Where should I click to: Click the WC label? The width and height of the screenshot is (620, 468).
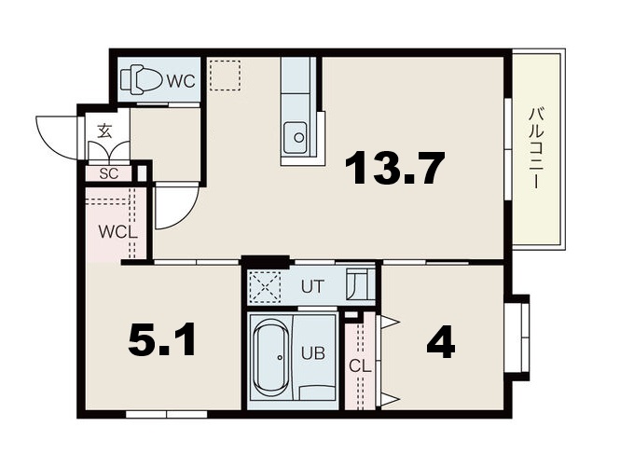pyautogui.click(x=181, y=81)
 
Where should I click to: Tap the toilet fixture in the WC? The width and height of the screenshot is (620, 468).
pyautogui.click(x=141, y=79)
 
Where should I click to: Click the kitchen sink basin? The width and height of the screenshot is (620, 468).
pyautogui.click(x=295, y=137)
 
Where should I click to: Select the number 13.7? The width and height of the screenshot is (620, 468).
pyautogui.click(x=395, y=167)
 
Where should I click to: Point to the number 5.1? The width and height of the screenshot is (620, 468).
pyautogui.click(x=161, y=339)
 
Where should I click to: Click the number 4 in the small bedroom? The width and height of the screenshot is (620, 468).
pyautogui.click(x=441, y=343)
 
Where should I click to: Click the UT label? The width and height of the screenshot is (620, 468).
pyautogui.click(x=312, y=286)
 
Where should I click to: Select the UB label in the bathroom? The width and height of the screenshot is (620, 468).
pyautogui.click(x=313, y=353)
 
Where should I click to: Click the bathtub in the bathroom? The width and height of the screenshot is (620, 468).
pyautogui.click(x=271, y=358)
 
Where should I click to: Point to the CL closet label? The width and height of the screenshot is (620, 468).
pyautogui.click(x=360, y=366)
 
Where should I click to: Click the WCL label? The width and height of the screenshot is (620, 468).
pyautogui.click(x=117, y=231)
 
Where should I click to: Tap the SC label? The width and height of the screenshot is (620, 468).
pyautogui.click(x=109, y=173)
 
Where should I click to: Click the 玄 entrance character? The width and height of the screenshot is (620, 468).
pyautogui.click(x=104, y=131)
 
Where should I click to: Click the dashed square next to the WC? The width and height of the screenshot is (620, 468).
pyautogui.click(x=225, y=76)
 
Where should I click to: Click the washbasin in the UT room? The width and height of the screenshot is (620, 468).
pyautogui.click(x=360, y=284)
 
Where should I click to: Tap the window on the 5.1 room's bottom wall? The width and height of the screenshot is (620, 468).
pyautogui.click(x=167, y=414)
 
